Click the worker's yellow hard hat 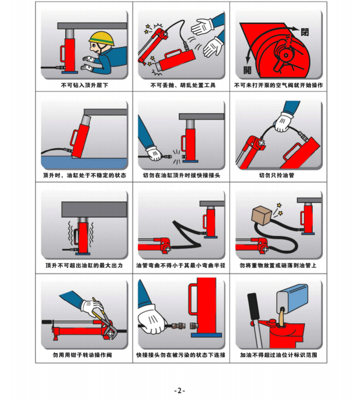pos(102,39)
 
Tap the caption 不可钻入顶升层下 pos(84,85)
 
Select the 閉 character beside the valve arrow pos(305,32)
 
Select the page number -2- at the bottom pos(179,391)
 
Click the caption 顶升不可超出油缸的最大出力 pos(84,265)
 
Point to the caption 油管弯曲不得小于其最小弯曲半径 pos(181,265)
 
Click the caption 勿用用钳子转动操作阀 pos(84,355)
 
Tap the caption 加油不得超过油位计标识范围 pos(279,355)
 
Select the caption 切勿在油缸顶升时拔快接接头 pos(181,175)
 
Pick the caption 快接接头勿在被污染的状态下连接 pos(181,355)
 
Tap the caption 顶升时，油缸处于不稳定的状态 pos(84,175)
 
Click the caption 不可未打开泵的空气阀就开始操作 pos(279,85)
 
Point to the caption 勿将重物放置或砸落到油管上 pos(278,265)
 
